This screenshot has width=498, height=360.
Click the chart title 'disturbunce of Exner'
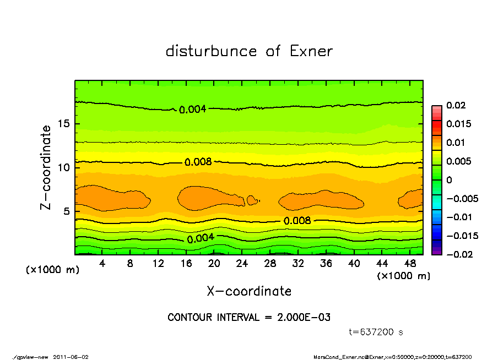(249, 51)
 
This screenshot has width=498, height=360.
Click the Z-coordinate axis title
(46, 167)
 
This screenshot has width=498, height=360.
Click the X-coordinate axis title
(249, 291)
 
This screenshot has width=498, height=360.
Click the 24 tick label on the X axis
(242, 264)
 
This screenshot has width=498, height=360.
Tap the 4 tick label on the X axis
(102, 264)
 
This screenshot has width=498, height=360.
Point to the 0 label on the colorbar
(449, 180)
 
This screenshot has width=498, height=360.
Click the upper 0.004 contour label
(192, 110)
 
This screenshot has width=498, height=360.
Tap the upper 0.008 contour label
(198, 162)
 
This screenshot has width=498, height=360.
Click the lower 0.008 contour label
(297, 221)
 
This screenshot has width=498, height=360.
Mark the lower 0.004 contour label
(201, 239)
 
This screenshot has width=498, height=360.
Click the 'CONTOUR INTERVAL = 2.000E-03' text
(249, 318)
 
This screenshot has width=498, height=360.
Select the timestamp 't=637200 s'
(376, 332)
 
